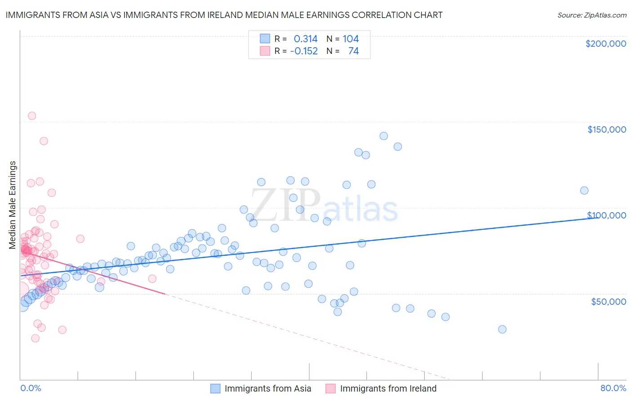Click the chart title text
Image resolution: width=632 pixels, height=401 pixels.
(224, 15)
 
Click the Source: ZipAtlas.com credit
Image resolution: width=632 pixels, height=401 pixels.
(592, 15)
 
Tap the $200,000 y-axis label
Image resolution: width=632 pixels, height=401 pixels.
(605, 44)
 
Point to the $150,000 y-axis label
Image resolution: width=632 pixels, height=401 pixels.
(606, 129)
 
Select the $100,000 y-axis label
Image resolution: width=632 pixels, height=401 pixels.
(606, 215)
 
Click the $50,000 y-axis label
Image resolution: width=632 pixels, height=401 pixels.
(608, 301)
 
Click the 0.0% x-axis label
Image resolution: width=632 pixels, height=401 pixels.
(31, 388)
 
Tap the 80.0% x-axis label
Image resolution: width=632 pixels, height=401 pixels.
(613, 388)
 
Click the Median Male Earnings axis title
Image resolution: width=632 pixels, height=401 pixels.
(13, 205)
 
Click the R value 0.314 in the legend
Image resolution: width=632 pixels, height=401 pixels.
(306, 39)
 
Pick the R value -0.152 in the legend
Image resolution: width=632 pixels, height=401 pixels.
(304, 51)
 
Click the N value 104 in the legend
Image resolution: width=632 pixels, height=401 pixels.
(351, 39)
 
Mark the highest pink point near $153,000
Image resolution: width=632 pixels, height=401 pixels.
(32, 116)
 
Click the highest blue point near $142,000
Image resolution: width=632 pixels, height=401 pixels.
(383, 136)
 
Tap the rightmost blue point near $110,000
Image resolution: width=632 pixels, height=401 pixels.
(584, 190)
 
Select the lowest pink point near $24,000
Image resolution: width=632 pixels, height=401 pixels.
(35, 338)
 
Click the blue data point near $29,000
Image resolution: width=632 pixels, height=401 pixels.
(502, 329)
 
